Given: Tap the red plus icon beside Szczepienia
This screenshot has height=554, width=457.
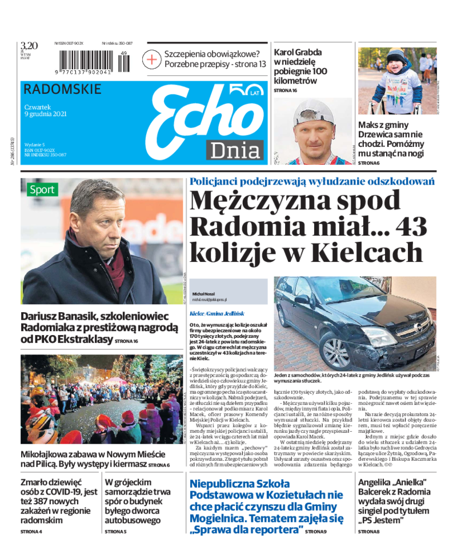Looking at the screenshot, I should click(153, 59).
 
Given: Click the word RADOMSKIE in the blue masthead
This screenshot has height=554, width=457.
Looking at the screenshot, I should click(63, 90).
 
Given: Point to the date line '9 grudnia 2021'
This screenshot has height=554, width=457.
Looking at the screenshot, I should click(46, 114).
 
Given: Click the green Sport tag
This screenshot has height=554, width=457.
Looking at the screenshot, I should click(42, 189).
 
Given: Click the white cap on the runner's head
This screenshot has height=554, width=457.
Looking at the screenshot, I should click(314, 114).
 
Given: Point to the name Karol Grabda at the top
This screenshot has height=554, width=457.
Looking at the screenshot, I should click(298, 52).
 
